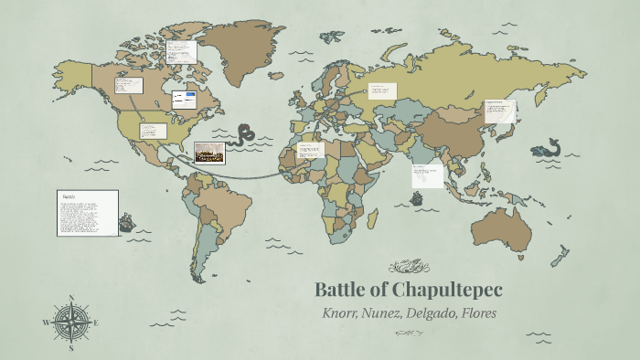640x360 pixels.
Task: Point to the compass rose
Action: pyautogui.click(x=71, y=323)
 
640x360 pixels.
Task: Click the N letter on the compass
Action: pyautogui.click(x=71, y=298)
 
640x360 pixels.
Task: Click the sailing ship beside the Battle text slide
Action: pyautogui.click(x=127, y=221)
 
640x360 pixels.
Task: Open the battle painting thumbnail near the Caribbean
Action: pyautogui.click(x=209, y=153)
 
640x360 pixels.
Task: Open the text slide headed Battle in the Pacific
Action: pyautogui.click(x=88, y=213)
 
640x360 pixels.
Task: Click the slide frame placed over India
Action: pyautogui.click(x=427, y=175)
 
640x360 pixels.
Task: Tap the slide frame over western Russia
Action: pyautogui.click(x=382, y=91)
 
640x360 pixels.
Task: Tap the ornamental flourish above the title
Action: pyautogui.click(x=408, y=267)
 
